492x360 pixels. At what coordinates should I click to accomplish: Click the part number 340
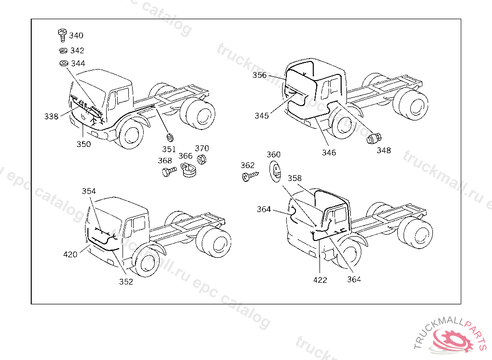pyautogui.click(x=76, y=36)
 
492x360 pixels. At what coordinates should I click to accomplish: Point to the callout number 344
pyautogui.click(x=78, y=63)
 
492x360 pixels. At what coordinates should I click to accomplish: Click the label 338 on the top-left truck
pyautogui.click(x=51, y=116)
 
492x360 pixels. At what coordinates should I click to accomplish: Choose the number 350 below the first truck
pyautogui.click(x=84, y=144)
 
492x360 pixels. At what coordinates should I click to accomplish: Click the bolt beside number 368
pyautogui.click(x=167, y=171)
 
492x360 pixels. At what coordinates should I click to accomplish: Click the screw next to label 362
pyautogui.click(x=249, y=177)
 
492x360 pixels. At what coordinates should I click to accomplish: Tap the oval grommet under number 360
pyautogui.click(x=274, y=171)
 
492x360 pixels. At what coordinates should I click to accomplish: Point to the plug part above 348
pyautogui.click(x=373, y=139)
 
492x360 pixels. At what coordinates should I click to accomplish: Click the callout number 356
pyautogui.click(x=259, y=75)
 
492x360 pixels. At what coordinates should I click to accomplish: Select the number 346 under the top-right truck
pyautogui.click(x=329, y=153)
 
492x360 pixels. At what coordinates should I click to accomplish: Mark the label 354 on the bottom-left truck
pyautogui.click(x=89, y=191)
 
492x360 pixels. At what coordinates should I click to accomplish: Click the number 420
pyautogui.click(x=70, y=254)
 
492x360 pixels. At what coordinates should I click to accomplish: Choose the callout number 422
pyautogui.click(x=320, y=280)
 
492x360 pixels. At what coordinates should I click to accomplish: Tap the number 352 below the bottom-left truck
pyautogui.click(x=126, y=282)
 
